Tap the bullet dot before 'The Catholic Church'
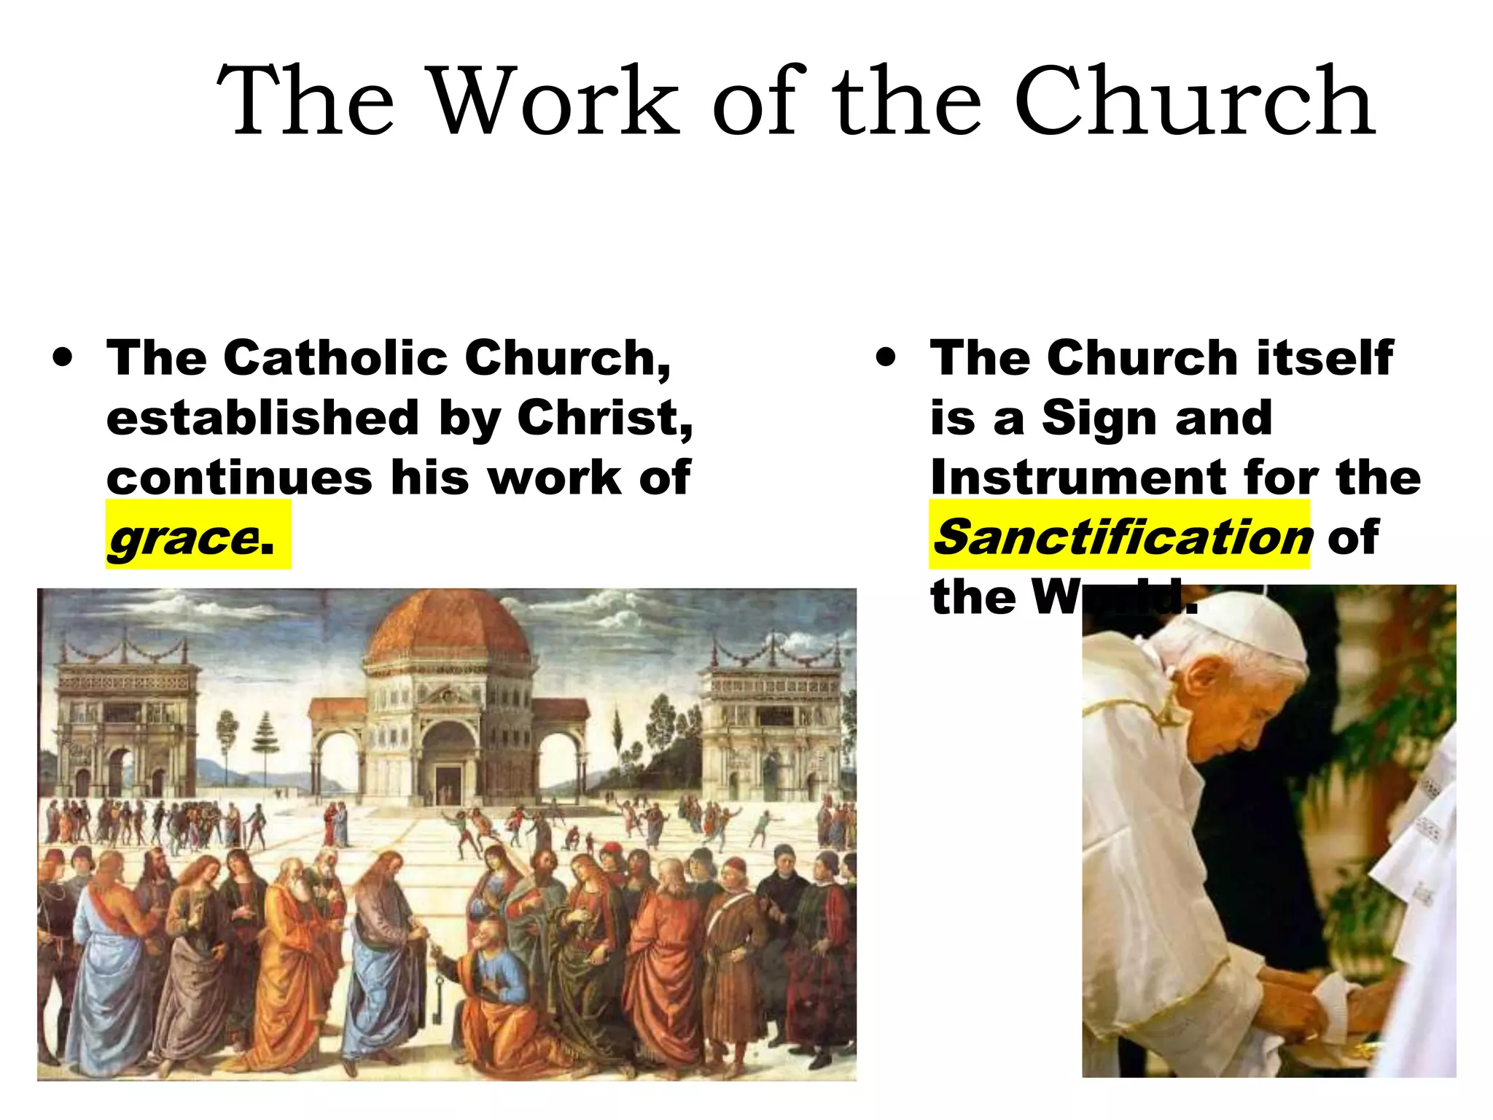point(63,358)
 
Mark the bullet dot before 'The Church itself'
point(886,358)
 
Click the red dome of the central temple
point(448,627)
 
